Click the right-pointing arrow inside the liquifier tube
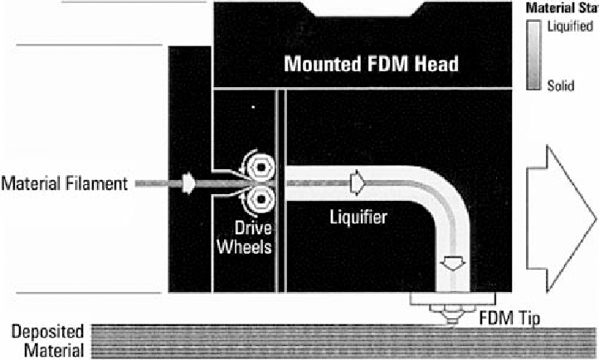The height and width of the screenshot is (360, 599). (x=358, y=180)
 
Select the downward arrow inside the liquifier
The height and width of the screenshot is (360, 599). (x=453, y=265)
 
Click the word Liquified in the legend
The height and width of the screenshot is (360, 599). (x=570, y=27)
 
